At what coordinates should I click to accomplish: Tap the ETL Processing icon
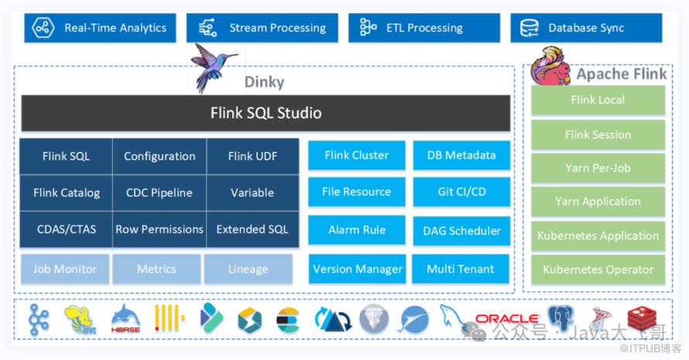368,28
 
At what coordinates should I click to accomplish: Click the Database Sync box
586,28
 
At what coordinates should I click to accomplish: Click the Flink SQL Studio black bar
266,113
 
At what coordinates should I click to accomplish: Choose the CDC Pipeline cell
159,193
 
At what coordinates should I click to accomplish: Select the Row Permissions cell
159,229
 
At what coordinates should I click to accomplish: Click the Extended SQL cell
252,229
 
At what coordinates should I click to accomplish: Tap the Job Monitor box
64,269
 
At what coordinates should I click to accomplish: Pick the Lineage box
248,269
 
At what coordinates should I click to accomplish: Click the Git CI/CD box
461,192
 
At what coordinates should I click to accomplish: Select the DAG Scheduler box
461,231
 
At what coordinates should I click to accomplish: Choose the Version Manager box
357,269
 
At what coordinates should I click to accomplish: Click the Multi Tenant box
461,269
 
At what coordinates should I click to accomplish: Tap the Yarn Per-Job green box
598,167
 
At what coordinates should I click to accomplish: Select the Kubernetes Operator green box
598,270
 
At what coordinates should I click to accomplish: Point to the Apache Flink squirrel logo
550,67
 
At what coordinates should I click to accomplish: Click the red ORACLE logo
506,318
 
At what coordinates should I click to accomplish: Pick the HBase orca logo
125,318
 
